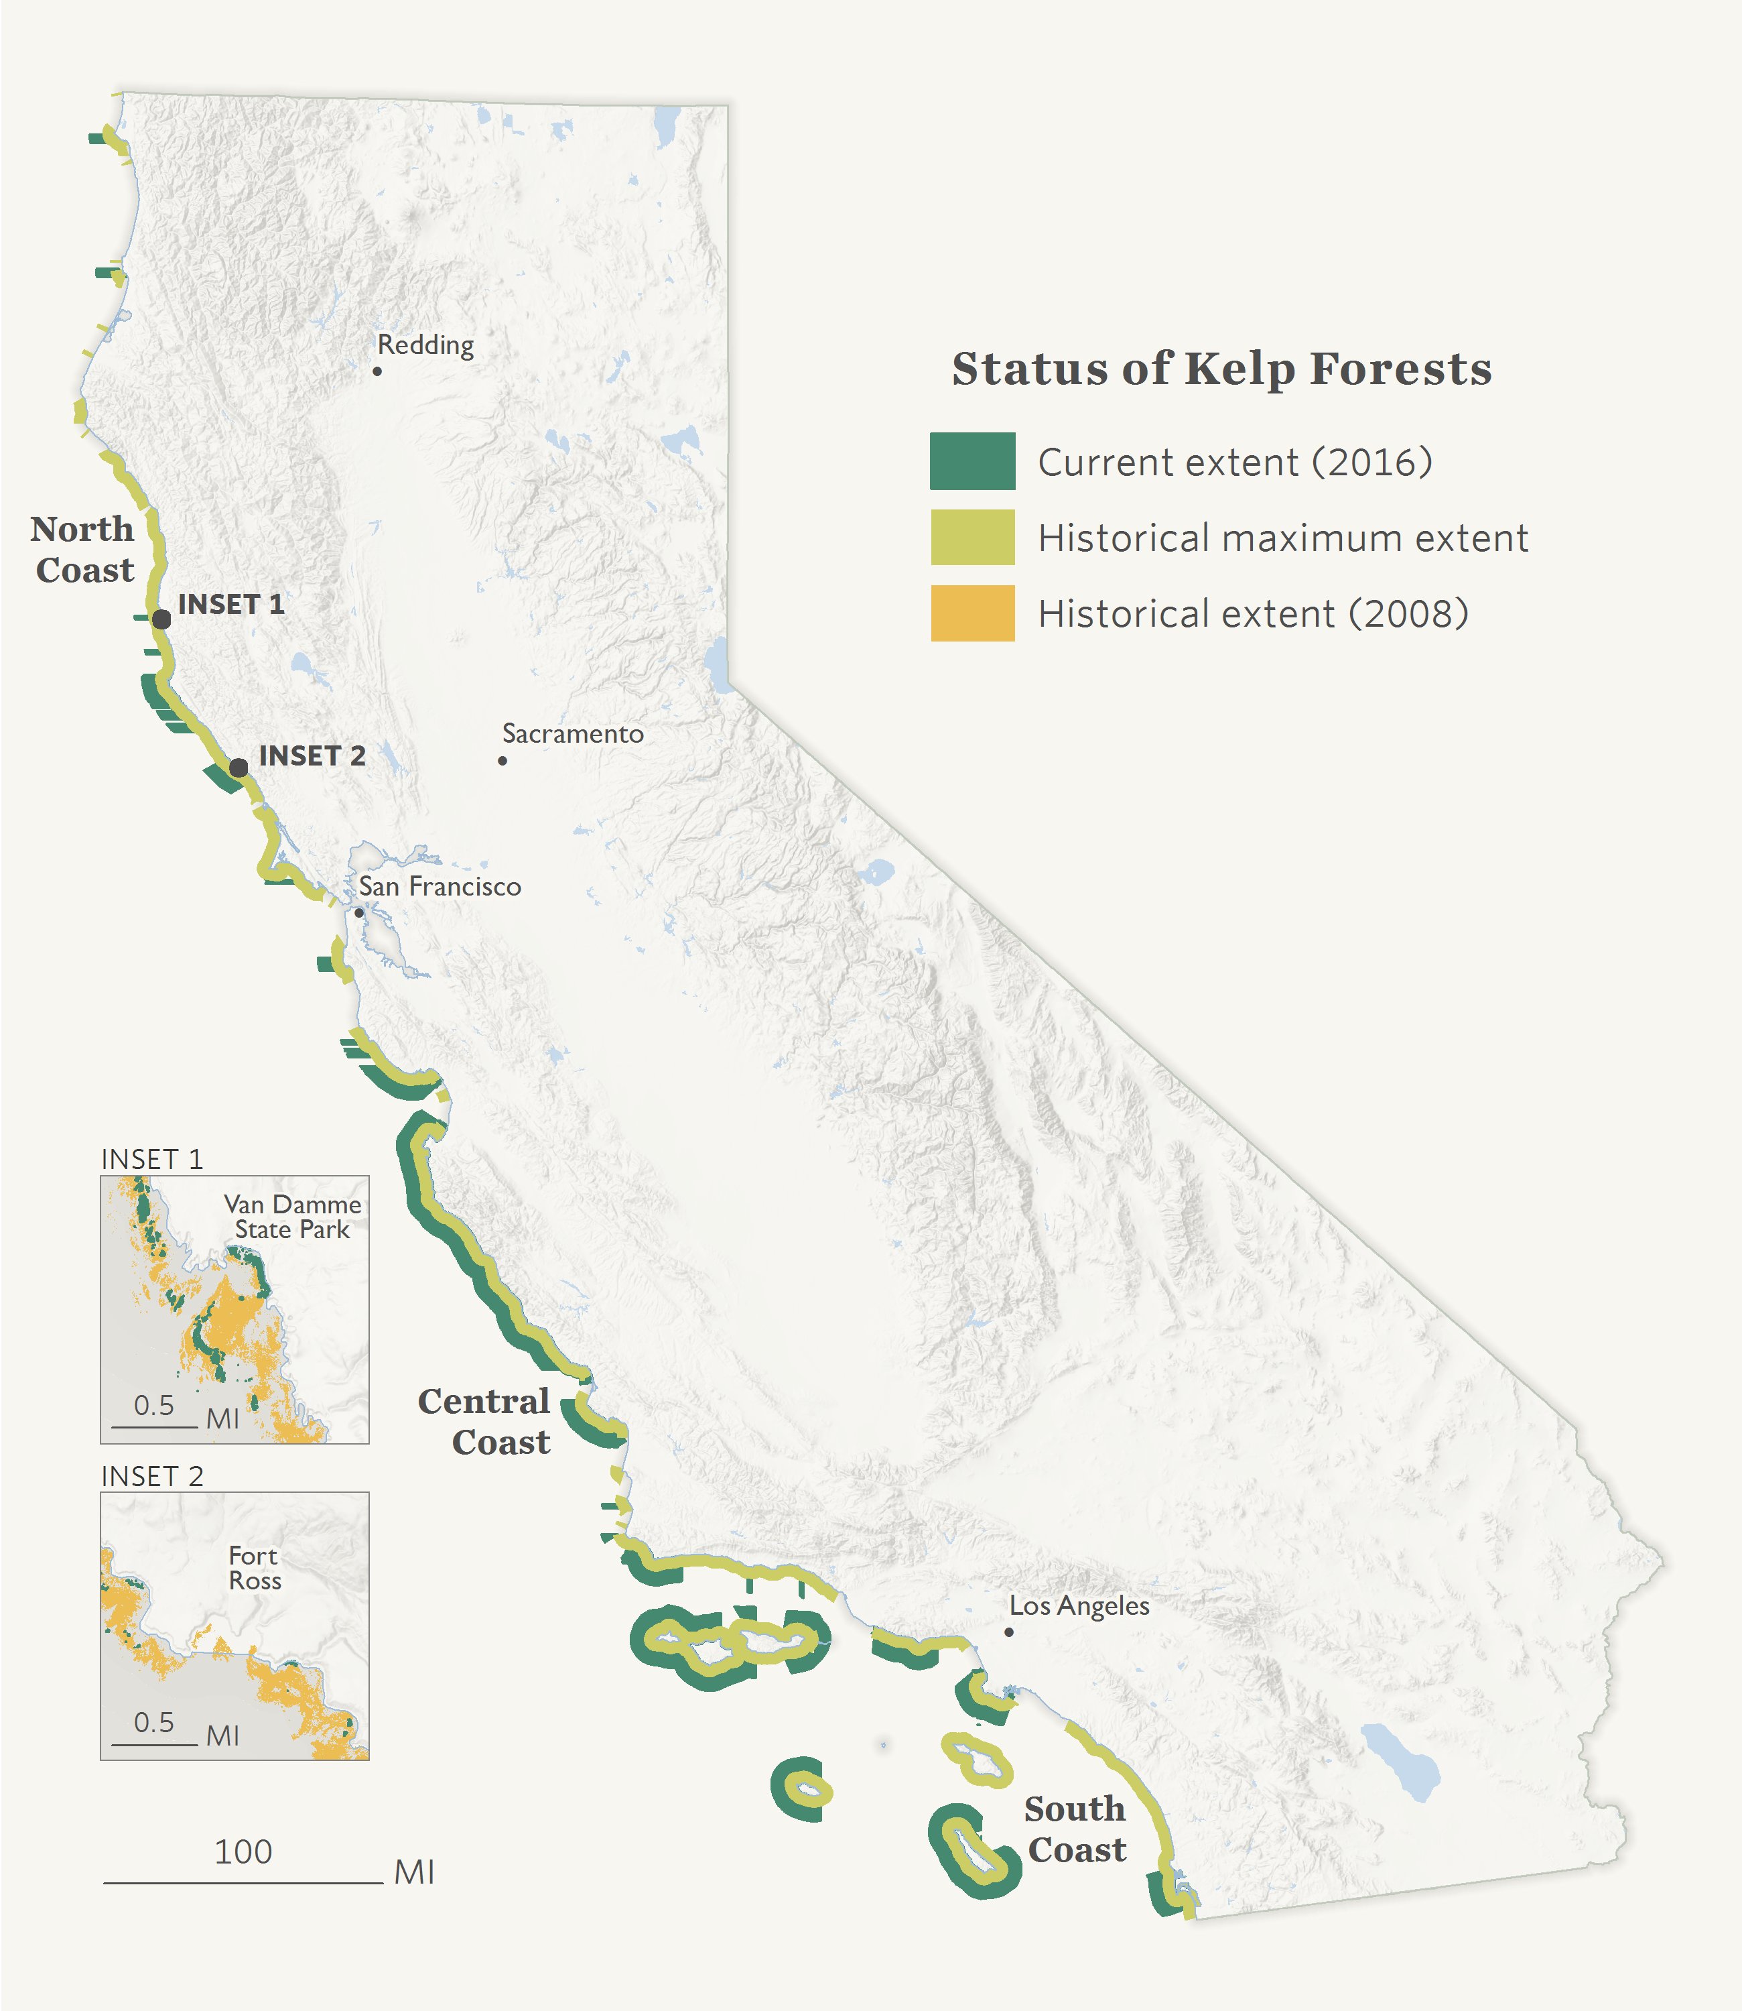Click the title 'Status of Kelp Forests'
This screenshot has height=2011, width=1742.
1221,369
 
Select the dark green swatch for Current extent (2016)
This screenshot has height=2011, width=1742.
972,461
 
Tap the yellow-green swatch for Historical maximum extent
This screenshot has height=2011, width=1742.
972,537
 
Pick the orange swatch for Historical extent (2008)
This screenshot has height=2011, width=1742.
972,613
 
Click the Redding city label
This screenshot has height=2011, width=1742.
425,345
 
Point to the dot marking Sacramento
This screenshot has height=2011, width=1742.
503,760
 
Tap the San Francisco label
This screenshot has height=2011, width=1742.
440,887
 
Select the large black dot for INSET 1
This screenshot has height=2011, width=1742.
161,619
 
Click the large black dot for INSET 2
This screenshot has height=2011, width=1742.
238,768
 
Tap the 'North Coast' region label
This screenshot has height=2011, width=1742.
84,550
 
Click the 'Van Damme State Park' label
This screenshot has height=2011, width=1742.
291,1217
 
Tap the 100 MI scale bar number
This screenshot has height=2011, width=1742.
243,1851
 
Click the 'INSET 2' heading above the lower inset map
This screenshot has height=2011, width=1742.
153,1476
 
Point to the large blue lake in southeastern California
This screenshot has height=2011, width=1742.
1400,1760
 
